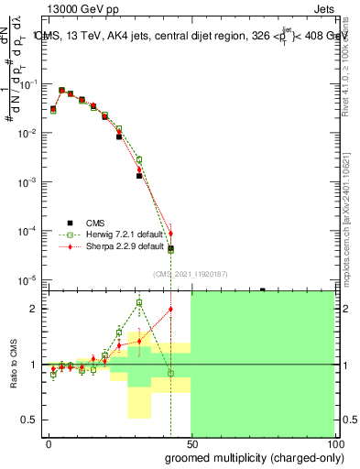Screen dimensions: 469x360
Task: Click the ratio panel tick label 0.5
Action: click(x=27, y=420)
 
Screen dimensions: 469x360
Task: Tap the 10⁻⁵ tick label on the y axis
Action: click(x=27, y=279)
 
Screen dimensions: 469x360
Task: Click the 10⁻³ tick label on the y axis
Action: click(x=27, y=181)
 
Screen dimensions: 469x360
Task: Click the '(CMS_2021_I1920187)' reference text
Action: click(x=191, y=274)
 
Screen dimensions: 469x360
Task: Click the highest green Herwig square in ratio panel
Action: click(x=139, y=302)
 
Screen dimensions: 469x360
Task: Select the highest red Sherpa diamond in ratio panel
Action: click(x=170, y=309)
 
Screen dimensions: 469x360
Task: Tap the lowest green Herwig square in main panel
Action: click(x=170, y=250)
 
